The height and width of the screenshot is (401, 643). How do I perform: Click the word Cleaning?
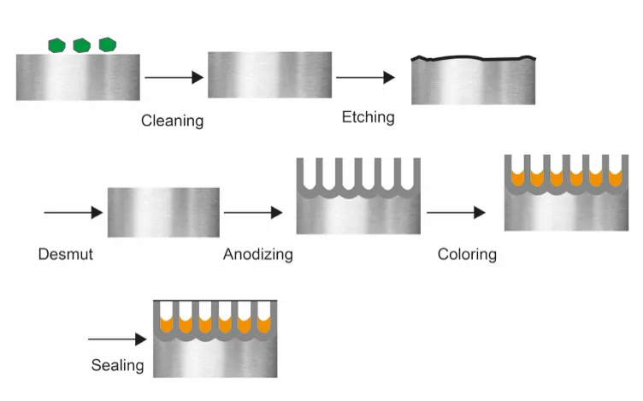[x=172, y=121]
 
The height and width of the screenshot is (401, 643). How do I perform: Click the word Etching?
[x=368, y=116]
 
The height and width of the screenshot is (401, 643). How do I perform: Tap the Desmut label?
[x=65, y=254]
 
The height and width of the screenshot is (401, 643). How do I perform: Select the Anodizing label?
[x=257, y=254]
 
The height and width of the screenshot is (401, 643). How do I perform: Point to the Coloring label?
[x=467, y=254]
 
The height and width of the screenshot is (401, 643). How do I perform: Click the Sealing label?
[x=117, y=366]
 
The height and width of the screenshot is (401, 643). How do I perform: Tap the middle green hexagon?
[x=82, y=44]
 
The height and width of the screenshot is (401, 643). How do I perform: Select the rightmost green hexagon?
[x=107, y=44]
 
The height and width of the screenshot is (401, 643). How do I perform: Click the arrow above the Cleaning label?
[x=174, y=78]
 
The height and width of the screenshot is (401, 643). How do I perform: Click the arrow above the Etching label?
[x=365, y=78]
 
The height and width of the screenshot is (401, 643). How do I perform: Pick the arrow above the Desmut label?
[x=73, y=212]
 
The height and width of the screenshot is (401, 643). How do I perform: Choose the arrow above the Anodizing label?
[x=252, y=212]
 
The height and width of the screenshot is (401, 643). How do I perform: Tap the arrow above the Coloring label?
[x=457, y=212]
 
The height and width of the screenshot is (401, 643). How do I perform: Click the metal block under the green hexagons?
[x=78, y=78]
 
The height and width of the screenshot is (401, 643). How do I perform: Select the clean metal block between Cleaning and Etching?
[x=269, y=75]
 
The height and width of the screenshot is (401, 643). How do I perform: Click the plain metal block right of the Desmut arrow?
[x=163, y=213]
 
